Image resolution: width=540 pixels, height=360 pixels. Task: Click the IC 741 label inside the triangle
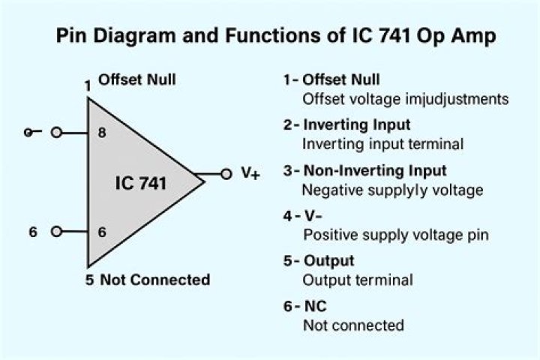pos(140,183)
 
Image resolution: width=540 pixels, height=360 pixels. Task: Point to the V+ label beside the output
pos(250,173)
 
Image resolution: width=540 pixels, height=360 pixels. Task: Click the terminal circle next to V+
pos(226,174)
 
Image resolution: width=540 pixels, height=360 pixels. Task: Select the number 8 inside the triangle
pos(102,133)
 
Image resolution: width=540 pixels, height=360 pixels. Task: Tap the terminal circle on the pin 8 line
pos(56,132)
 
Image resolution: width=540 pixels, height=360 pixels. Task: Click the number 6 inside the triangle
pos(102,232)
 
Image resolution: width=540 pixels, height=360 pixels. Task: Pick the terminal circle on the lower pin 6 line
pos(56,232)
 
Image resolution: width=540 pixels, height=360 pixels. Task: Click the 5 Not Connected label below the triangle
pos(148,280)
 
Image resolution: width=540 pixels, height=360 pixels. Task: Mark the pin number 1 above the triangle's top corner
pos(88,85)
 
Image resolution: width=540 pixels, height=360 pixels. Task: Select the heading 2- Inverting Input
pos(346,124)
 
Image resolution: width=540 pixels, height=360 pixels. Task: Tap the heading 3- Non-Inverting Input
pos(364,170)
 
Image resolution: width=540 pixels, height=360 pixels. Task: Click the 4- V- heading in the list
pos(303,216)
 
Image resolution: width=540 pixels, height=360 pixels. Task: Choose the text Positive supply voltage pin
pos(396,235)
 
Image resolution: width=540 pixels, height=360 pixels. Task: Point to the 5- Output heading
pos(319,261)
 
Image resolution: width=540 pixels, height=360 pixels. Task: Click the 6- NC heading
pos(304,306)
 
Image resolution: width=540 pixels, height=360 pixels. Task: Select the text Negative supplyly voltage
pos(392,190)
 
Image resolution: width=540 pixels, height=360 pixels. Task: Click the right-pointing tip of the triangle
pos(205,182)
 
